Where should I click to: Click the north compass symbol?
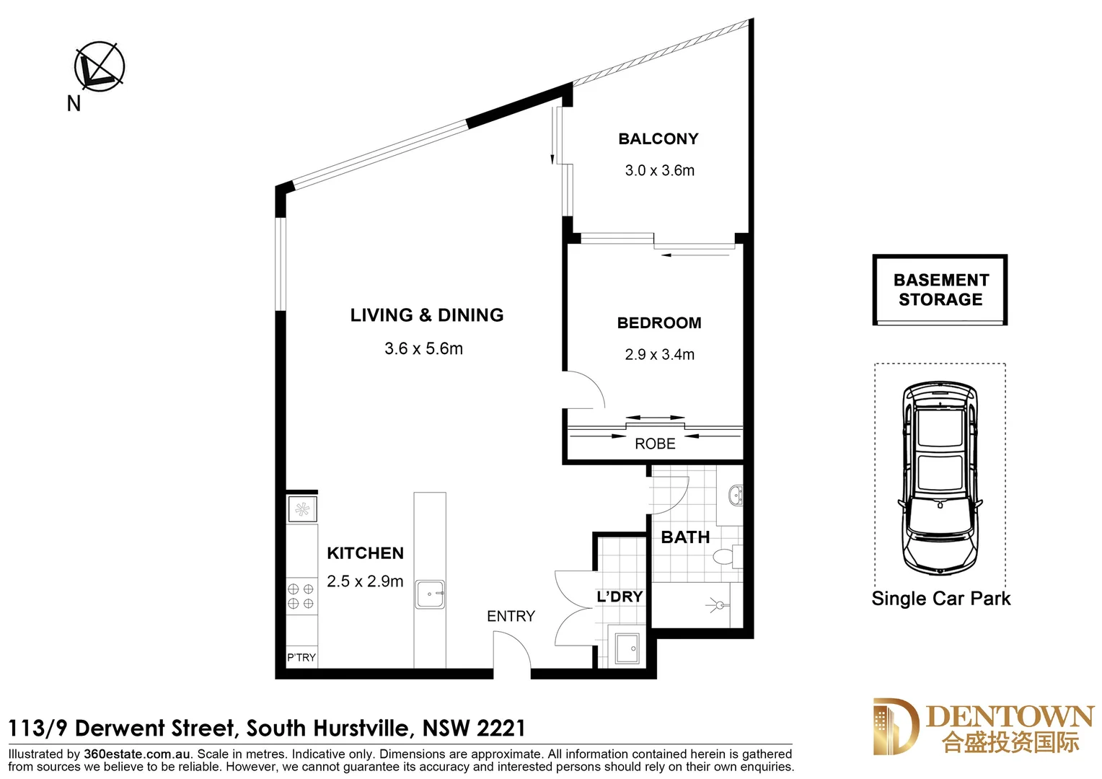point(100,66)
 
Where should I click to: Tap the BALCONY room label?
point(658,138)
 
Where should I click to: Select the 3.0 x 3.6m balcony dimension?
point(659,171)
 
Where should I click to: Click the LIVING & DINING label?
point(427,315)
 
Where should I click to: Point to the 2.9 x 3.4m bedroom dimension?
point(659,355)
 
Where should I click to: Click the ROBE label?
point(655,444)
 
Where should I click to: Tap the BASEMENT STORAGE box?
point(940,290)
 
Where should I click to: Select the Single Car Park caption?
point(940,599)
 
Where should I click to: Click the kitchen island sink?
point(430,594)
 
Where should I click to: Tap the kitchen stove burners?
point(301,597)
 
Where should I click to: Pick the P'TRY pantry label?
point(301,658)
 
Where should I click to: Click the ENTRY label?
point(511,617)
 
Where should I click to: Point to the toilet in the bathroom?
point(723,557)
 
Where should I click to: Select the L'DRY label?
point(620,597)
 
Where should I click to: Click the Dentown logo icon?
point(895,726)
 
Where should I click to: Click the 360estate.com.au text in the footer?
point(137,754)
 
